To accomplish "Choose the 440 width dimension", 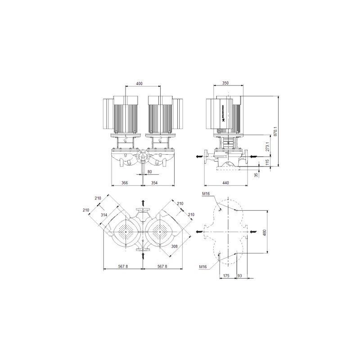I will point(225,183).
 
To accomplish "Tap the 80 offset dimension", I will point(149,172).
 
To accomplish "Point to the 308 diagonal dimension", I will point(175,246).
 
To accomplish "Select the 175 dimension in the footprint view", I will point(226,275).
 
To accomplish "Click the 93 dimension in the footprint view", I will point(239,275).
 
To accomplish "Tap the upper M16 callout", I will point(206,193).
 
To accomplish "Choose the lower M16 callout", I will point(203,267).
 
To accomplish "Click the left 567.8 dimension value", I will point(123,267).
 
